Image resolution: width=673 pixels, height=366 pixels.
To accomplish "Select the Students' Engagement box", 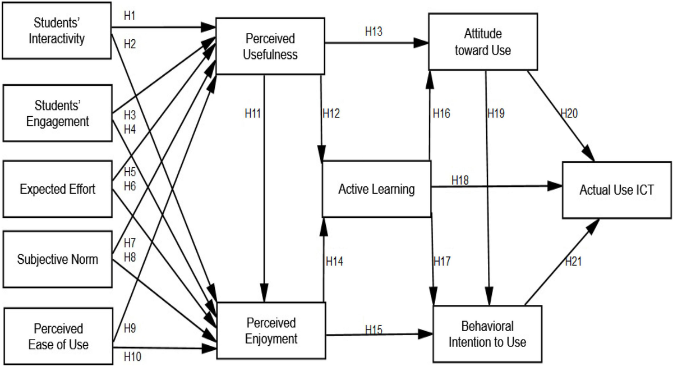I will pyautogui.click(x=58, y=112).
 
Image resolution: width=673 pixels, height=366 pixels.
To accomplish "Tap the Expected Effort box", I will pyautogui.click(x=58, y=189).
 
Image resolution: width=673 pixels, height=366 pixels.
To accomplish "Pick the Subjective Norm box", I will pyautogui.click(x=58, y=259).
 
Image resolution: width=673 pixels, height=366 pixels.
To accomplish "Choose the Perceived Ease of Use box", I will pyautogui.click(x=58, y=336).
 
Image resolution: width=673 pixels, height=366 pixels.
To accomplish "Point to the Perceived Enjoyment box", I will pyautogui.click(x=271, y=331).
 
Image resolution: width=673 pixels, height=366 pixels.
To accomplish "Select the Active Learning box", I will pyautogui.click(x=376, y=189).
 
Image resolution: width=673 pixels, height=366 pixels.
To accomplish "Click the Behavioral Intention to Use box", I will pyautogui.click(x=487, y=333).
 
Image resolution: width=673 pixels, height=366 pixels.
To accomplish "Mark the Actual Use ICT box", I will pyautogui.click(x=616, y=190).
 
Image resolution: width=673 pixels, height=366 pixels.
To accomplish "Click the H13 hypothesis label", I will pyautogui.click(x=374, y=31).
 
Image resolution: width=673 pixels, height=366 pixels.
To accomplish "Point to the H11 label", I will pyautogui.click(x=253, y=113).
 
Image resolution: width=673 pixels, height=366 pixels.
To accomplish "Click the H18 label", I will pyautogui.click(x=460, y=180).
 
